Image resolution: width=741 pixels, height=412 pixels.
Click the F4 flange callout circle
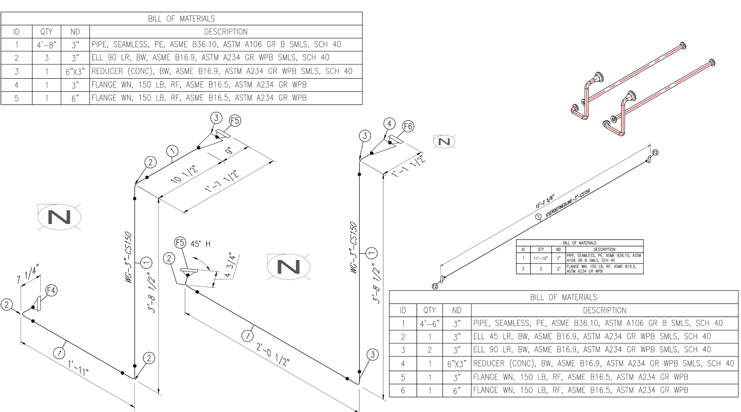click(x=51, y=290)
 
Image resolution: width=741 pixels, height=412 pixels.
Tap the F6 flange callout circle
click(x=408, y=126)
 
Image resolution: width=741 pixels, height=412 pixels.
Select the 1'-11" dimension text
click(x=78, y=368)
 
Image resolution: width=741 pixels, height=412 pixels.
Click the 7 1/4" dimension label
click(x=28, y=274)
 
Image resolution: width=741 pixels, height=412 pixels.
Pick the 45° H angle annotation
click(x=200, y=244)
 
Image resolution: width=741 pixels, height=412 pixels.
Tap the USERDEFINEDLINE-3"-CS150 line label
click(x=568, y=203)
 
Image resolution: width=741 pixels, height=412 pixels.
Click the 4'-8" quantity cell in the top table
click(x=47, y=45)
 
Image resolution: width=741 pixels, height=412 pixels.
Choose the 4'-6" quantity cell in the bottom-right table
click(x=430, y=324)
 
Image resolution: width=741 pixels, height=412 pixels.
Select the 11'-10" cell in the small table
click(x=541, y=258)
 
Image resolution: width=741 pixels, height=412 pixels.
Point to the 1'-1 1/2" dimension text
click(x=408, y=166)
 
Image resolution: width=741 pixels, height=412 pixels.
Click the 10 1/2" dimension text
click(x=184, y=175)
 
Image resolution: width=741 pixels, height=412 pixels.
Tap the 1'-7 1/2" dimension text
click(x=222, y=181)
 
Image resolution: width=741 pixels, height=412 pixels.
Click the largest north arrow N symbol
click(x=59, y=217)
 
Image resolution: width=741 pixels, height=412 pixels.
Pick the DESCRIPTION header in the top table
click(x=225, y=32)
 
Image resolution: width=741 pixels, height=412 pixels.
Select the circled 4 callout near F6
click(x=389, y=123)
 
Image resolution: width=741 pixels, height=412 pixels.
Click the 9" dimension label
click(x=229, y=151)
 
